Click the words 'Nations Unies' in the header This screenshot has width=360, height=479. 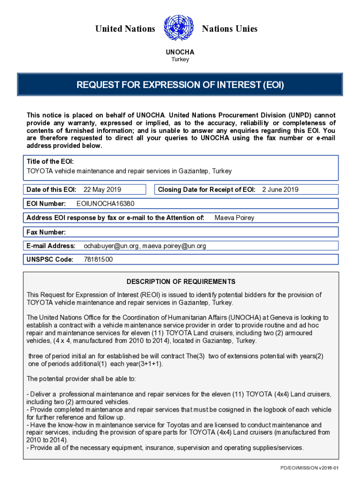230,29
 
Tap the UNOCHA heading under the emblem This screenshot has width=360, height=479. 180,52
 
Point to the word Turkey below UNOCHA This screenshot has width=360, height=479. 180,59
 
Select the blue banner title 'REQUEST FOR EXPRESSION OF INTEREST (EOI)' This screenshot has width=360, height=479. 180,85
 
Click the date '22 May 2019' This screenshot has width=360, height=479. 102,189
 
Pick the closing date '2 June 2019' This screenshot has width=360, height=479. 280,189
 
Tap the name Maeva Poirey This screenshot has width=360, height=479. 234,218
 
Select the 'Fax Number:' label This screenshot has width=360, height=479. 46,232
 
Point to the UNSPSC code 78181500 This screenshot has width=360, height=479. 98,260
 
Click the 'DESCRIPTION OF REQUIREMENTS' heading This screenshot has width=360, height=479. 181,282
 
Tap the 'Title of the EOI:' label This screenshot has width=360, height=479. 50,161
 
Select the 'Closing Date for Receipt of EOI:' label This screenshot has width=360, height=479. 206,189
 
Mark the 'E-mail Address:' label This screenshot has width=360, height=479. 51,246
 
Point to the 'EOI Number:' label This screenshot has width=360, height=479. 46,203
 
